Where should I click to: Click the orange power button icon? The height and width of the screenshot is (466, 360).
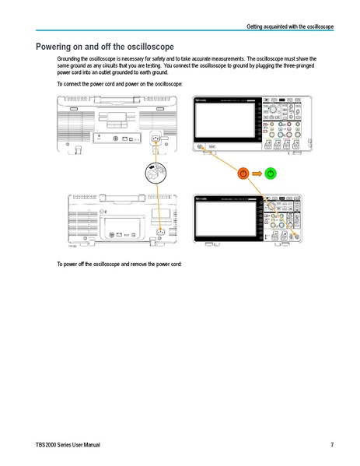click(x=243, y=172)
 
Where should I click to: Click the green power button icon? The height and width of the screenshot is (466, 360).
click(x=271, y=172)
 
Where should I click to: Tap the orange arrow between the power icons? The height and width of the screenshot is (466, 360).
click(x=257, y=172)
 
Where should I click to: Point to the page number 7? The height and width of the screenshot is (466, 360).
click(x=331, y=444)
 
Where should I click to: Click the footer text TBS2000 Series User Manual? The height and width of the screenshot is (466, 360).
click(x=68, y=444)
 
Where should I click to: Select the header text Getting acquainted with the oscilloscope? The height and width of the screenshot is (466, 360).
click(x=290, y=27)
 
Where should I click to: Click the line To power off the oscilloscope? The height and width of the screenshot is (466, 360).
click(x=119, y=265)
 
